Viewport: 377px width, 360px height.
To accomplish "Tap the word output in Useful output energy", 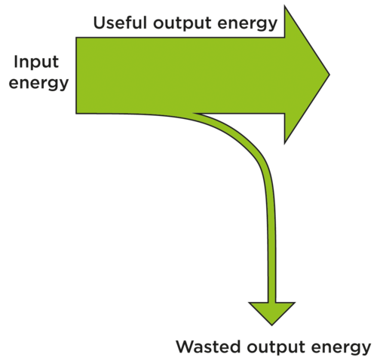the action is (182, 23).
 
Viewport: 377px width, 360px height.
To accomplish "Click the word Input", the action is (36, 62).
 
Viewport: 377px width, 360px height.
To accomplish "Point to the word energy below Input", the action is (38, 83).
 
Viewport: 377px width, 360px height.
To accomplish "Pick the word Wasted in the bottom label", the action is (208, 347).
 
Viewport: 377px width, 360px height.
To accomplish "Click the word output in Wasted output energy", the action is (275, 348).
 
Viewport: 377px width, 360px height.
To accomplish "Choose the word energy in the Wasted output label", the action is (341, 349).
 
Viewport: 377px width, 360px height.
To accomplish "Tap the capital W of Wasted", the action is (186, 347).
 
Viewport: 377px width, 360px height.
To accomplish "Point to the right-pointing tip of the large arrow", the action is (329, 75).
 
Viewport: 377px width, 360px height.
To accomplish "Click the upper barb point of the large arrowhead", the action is (285, 5).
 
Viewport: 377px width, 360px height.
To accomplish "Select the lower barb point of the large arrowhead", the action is (284, 144).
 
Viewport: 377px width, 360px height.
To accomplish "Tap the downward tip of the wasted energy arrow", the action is (272, 325).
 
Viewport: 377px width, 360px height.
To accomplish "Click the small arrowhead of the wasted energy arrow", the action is (272, 311).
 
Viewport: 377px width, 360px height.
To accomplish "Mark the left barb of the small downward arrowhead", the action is (249, 303).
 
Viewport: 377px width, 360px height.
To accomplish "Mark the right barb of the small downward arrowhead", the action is (295, 303).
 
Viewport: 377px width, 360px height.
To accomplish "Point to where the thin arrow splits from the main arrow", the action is (195, 114).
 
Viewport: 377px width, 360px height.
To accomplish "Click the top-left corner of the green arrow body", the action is (76, 38).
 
